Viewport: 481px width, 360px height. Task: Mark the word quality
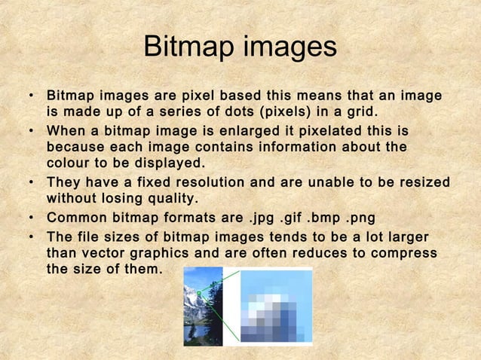[164, 199]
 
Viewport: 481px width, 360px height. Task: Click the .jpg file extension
[264, 218]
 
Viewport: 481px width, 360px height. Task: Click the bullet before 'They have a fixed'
[31, 183]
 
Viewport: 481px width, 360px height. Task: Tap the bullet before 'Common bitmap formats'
[31, 218]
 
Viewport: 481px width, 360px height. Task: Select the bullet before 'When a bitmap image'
[31, 131]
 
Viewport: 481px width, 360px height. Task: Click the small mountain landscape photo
[203, 306]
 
